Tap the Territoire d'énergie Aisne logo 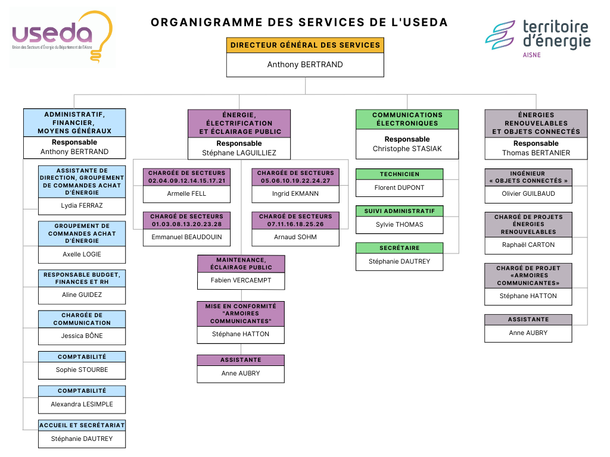point(538,37)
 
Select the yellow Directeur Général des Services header point(305,45)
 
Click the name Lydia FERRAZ point(82,206)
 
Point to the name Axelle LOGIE point(82,255)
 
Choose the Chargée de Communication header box point(82,319)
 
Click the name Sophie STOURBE point(82,370)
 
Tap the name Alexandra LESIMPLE point(82,405)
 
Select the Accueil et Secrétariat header point(82,425)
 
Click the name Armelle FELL point(187,194)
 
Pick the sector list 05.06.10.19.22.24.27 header point(295,177)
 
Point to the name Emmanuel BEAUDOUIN point(187,237)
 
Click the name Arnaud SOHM point(295,237)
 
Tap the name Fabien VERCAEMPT point(241,280)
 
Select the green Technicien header point(400,174)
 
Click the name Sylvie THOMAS point(400,225)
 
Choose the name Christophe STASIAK point(407,149)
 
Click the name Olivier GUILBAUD point(528,194)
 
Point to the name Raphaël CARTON point(528,245)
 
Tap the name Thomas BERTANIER point(536,153)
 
